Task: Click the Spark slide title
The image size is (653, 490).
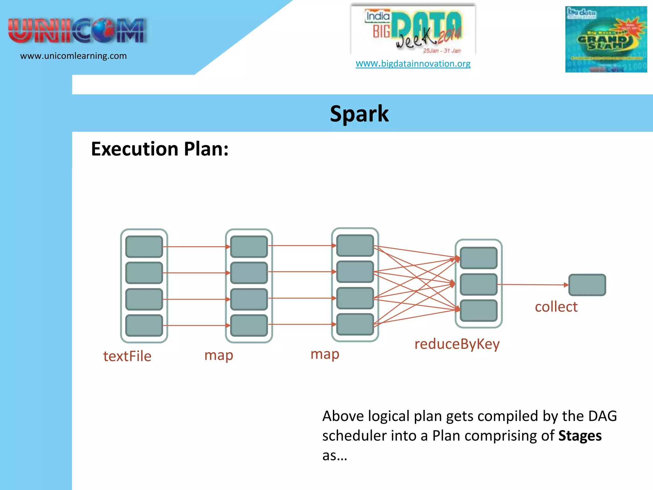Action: tap(359, 114)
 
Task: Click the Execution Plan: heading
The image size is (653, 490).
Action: tap(160, 149)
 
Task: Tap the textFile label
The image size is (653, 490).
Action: tap(127, 356)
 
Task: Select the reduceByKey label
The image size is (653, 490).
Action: tap(457, 344)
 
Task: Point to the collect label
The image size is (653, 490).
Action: tap(556, 307)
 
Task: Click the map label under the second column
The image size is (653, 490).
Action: tap(219, 355)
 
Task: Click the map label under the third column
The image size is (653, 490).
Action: tap(325, 354)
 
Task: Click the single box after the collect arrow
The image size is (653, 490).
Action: tap(587, 285)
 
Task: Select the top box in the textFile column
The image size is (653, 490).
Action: tap(144, 247)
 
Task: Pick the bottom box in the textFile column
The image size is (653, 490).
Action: tap(144, 325)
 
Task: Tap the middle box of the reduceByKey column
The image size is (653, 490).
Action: tap(478, 284)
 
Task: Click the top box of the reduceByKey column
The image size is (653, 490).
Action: tap(478, 258)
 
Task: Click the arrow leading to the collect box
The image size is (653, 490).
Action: tap(532, 285)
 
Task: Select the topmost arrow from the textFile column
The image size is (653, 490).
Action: tap(196, 247)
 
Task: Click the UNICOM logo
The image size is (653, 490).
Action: tap(77, 31)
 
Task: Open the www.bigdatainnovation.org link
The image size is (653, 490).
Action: tap(413, 63)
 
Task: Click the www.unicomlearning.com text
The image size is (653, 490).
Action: tap(73, 56)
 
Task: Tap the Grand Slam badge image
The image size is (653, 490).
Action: tap(606, 39)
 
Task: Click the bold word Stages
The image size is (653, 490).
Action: tap(580, 436)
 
